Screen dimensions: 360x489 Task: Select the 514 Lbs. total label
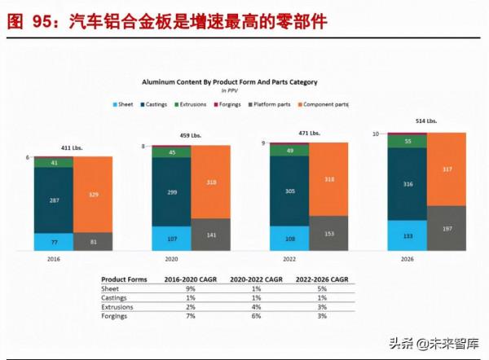(426, 121)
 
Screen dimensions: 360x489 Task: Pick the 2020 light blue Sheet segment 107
(171, 238)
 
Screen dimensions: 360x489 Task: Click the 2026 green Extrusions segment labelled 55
(407, 142)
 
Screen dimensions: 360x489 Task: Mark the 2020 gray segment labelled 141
(210, 234)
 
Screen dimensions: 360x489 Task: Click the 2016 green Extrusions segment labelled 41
(54, 163)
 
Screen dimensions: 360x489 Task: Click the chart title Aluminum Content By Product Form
(229, 82)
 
